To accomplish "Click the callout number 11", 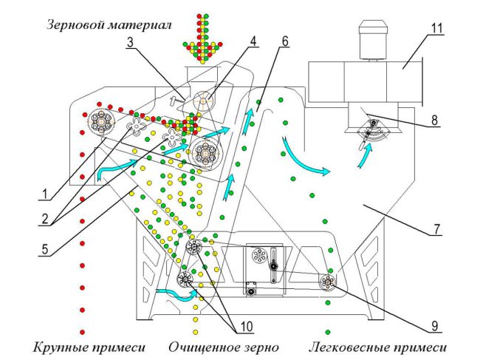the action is (x=437, y=28).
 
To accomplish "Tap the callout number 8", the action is (x=434, y=120).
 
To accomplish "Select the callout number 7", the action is (x=436, y=229).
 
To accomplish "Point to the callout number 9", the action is (x=435, y=326).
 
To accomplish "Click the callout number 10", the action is (x=247, y=327).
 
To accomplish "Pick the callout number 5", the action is (x=45, y=249).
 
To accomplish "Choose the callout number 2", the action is (x=45, y=220).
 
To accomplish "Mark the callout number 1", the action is (x=45, y=194).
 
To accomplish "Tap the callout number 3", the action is (x=131, y=42).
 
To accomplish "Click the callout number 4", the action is (x=253, y=41).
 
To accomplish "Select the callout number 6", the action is (x=285, y=41).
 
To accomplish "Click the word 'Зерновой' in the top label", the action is (x=74, y=25).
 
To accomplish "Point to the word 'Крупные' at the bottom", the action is (x=58, y=347).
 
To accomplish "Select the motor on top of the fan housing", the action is (x=374, y=40).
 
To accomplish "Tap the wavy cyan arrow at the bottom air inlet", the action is (x=176, y=293).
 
